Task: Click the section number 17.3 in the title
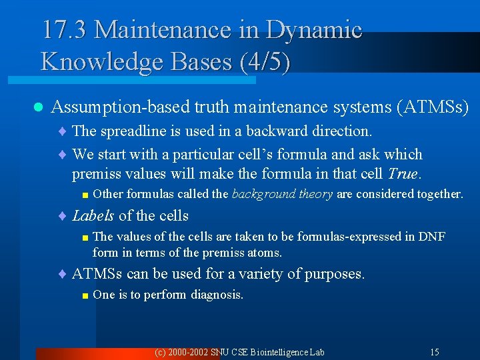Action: (65, 30)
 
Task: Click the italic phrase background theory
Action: (282, 194)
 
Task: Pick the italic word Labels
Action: (93, 215)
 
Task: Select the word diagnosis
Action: (217, 295)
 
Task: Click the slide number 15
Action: (434, 351)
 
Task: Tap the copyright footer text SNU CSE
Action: (234, 351)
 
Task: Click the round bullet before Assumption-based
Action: (38, 107)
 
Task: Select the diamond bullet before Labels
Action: (63, 216)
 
